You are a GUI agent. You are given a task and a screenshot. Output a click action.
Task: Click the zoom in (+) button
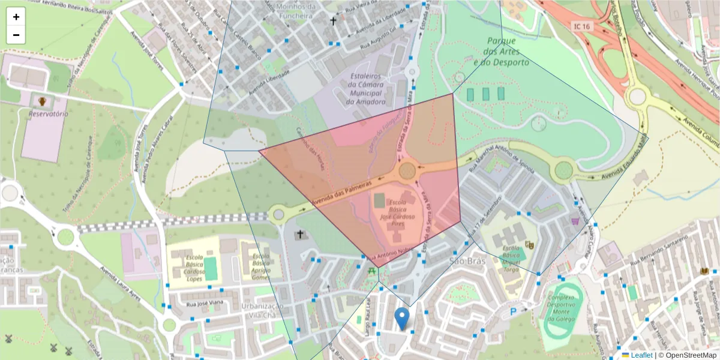[x=16, y=17]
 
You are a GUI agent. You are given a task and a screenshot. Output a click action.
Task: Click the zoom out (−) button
[x=16, y=35]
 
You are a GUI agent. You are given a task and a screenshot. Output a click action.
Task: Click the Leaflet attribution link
[x=641, y=355]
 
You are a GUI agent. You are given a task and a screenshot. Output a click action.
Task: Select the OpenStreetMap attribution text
[x=688, y=355]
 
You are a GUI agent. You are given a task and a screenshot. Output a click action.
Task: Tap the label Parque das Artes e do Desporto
[x=501, y=52]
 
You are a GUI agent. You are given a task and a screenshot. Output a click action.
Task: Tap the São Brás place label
[x=466, y=260]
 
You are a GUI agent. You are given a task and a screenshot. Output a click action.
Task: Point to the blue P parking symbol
[x=514, y=311]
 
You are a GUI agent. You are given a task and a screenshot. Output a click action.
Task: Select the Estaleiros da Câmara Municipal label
[x=365, y=89]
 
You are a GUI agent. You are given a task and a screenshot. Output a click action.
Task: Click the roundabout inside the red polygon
[x=408, y=170]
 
